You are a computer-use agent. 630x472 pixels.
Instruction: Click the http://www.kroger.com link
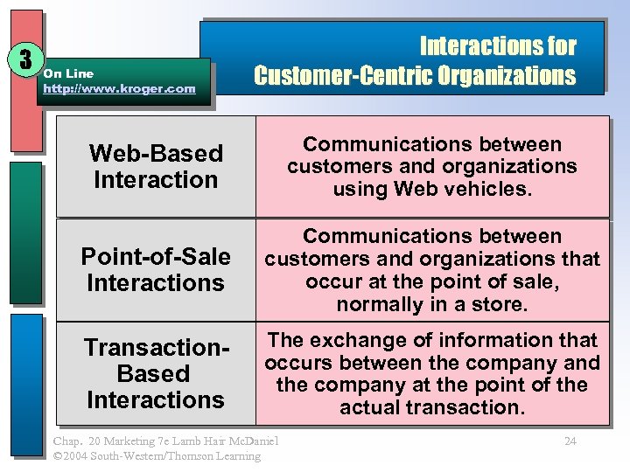point(119,89)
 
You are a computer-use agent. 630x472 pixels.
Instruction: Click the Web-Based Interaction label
point(156,166)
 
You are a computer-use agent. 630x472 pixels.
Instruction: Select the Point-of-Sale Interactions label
point(156,270)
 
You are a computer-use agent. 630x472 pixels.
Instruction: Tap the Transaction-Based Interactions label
point(156,373)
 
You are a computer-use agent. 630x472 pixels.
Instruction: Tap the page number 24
point(570,441)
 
